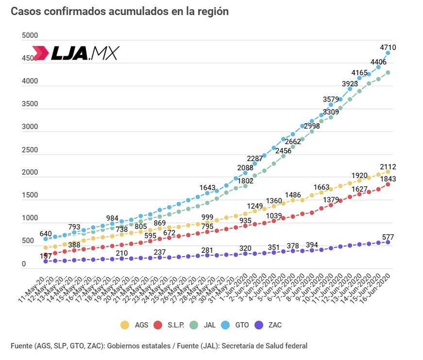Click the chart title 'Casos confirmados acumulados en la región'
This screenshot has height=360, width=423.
119,11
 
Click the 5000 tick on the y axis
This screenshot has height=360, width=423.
30,35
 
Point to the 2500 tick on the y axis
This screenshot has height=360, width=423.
30,150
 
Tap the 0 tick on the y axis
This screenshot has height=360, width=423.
24,264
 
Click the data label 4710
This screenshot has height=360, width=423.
388,47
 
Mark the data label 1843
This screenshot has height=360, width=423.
388,179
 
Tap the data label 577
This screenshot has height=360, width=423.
388,237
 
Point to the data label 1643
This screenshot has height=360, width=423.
208,188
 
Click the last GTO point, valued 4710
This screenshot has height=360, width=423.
388,53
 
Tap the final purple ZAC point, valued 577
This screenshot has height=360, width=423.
388,242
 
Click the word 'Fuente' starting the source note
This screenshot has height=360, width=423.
22,346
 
